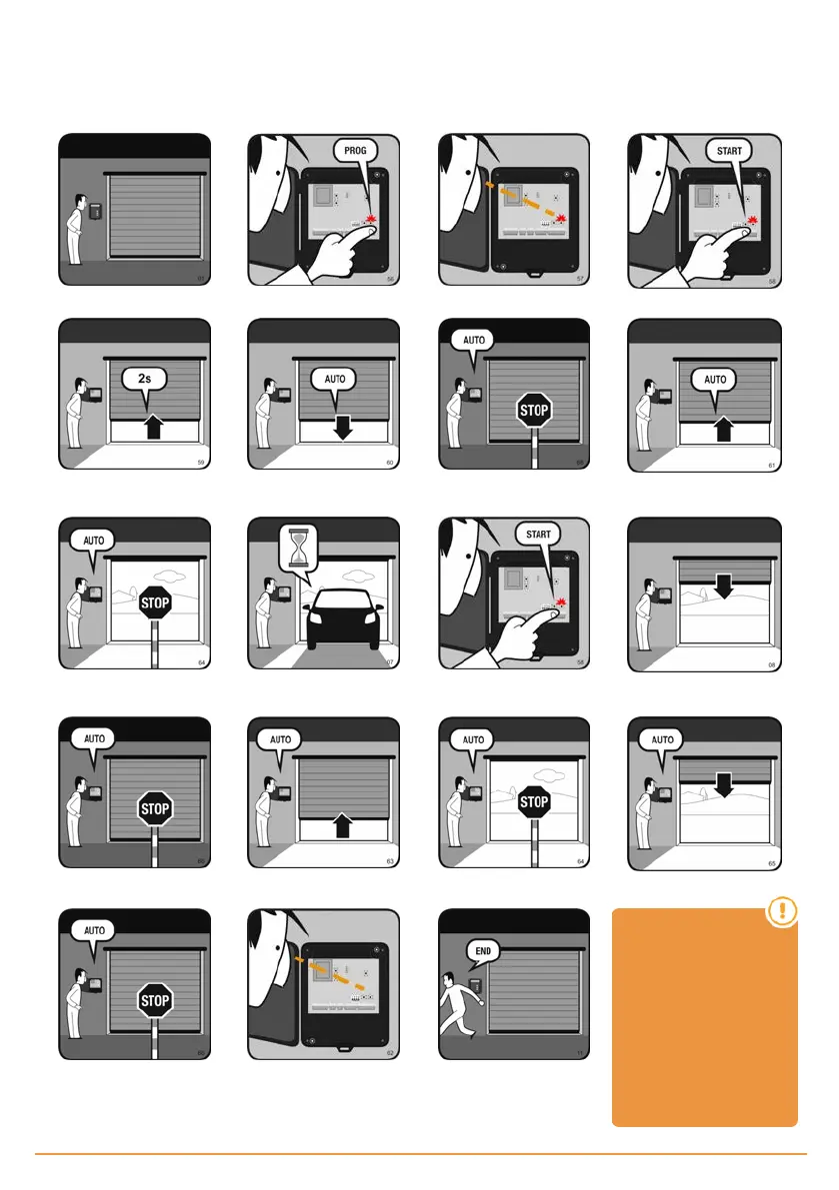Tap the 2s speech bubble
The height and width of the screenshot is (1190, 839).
click(x=145, y=380)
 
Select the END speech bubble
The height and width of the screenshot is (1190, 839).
click(x=482, y=951)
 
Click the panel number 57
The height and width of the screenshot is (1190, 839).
click(x=579, y=279)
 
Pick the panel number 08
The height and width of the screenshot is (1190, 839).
click(x=770, y=662)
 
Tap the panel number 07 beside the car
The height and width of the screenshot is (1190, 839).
click(x=390, y=662)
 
